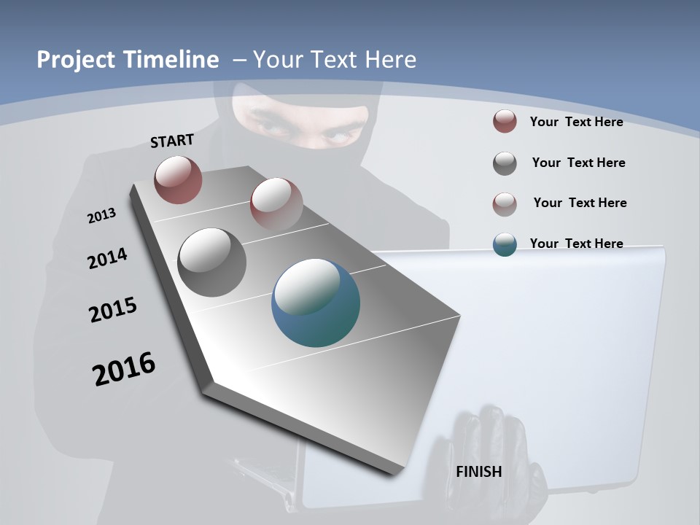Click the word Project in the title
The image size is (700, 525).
[x=76, y=60]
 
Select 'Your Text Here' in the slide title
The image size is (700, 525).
[x=335, y=60]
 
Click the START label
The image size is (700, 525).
[x=172, y=141]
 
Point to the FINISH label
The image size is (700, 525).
[x=478, y=472]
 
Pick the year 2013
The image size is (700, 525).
[x=101, y=216]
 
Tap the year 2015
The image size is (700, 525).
[x=112, y=311]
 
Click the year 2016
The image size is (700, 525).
[x=124, y=369]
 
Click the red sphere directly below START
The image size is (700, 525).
[x=178, y=179]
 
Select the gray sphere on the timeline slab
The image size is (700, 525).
[x=212, y=262]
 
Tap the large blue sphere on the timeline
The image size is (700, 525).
[x=316, y=303]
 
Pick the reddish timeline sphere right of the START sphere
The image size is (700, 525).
[x=276, y=204]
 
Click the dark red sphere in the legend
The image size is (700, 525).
[x=505, y=122]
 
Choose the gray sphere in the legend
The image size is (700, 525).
[x=505, y=163]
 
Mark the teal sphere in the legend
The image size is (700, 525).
[x=505, y=244]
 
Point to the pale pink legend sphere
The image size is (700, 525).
[x=505, y=203]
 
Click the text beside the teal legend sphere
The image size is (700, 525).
[x=576, y=244]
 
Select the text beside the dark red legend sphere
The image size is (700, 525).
[x=576, y=122]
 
